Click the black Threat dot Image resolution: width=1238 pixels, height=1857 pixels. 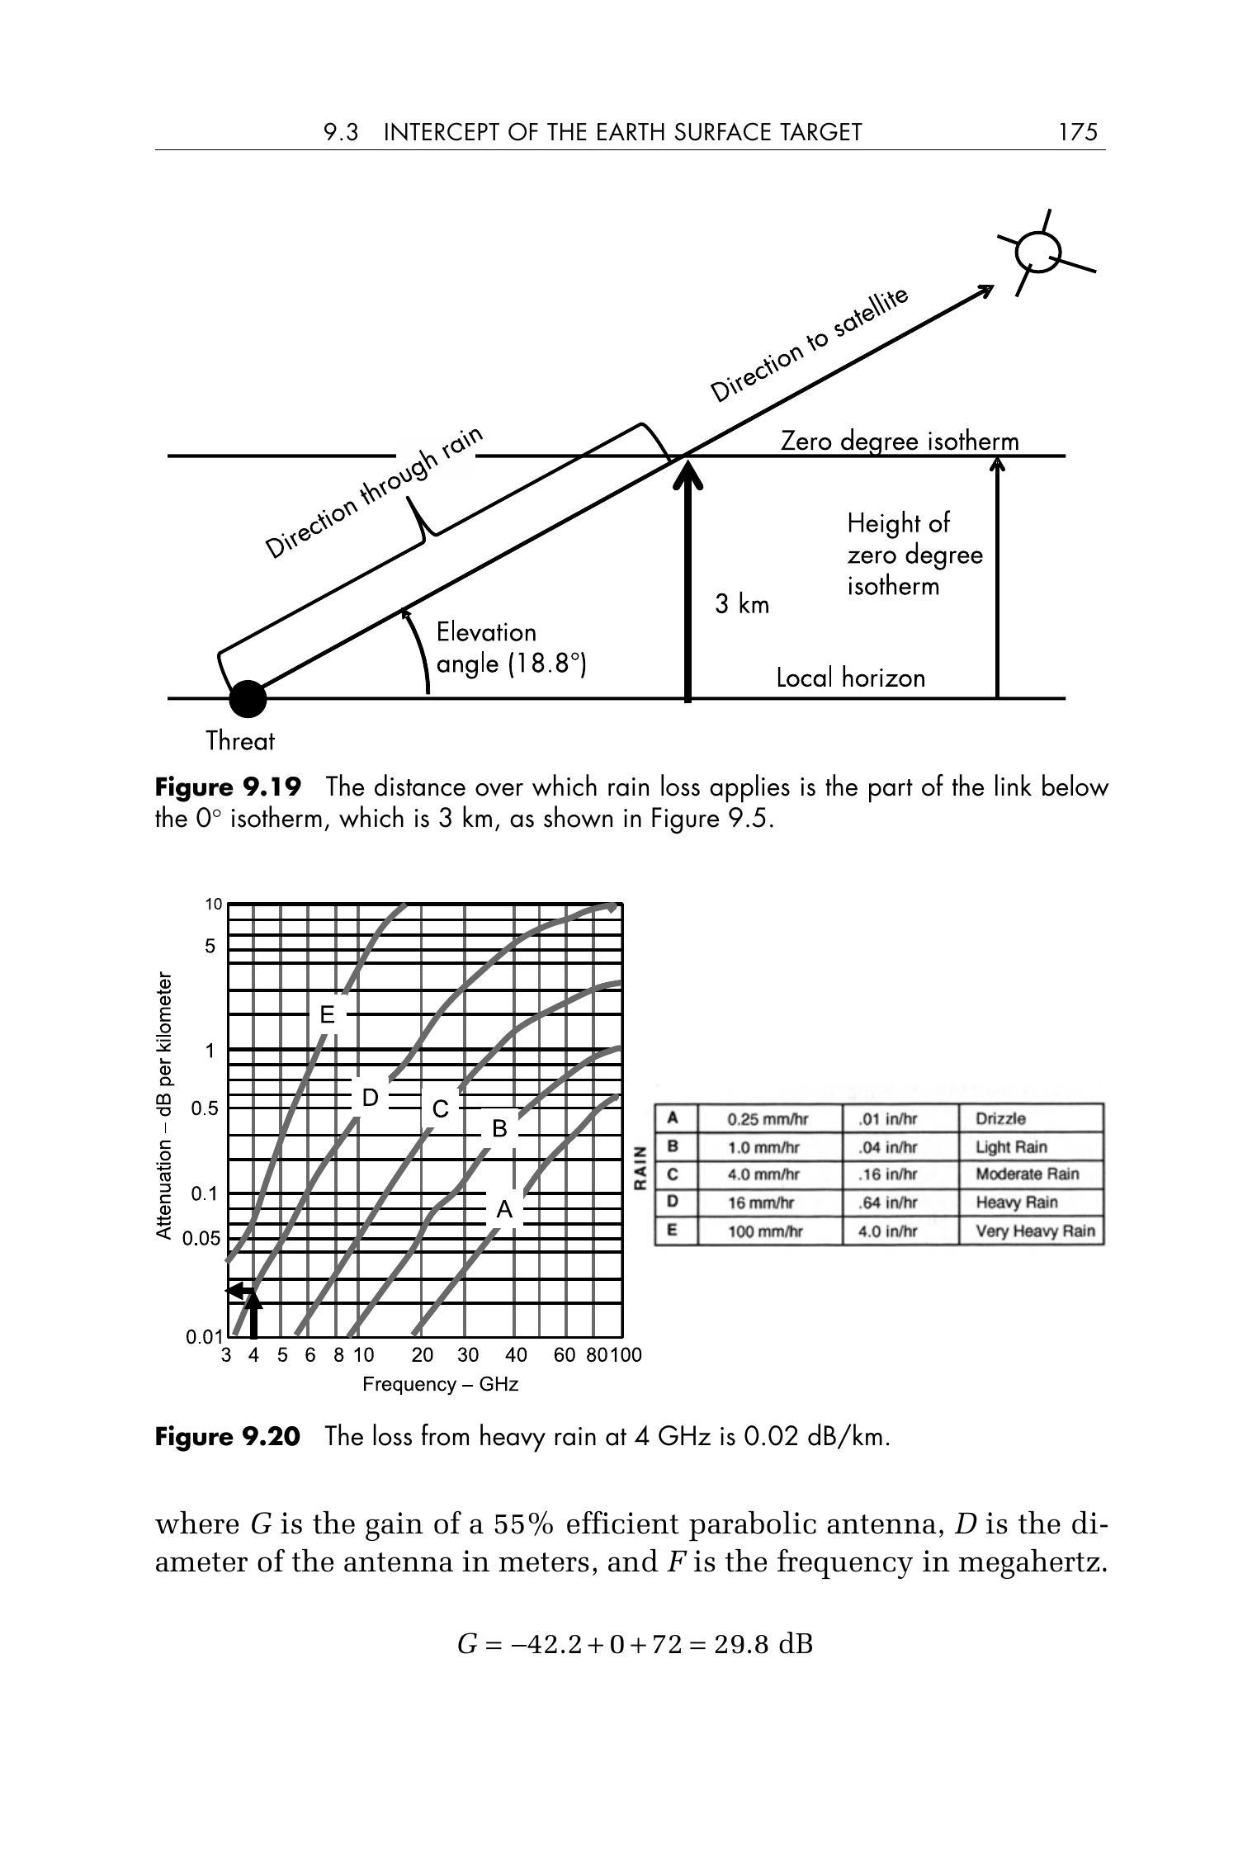(x=247, y=699)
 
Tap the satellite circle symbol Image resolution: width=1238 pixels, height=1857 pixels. (x=1037, y=252)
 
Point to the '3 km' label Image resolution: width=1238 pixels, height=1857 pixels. (x=742, y=605)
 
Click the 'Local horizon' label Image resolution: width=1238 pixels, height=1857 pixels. (x=851, y=678)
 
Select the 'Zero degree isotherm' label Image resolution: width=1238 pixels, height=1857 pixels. (x=900, y=442)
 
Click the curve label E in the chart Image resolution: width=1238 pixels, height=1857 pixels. (x=328, y=1015)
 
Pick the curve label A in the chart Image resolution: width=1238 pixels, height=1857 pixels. (x=504, y=1210)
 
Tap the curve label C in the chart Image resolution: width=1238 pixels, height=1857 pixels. (x=440, y=1108)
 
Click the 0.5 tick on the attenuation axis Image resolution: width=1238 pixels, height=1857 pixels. (x=205, y=1108)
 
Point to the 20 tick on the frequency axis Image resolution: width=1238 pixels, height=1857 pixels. (x=422, y=1355)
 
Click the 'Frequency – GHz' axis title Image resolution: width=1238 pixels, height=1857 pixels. (x=441, y=1384)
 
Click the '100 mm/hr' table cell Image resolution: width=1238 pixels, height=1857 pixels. (x=765, y=1231)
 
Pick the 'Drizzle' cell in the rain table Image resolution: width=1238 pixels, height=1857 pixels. (x=1001, y=1118)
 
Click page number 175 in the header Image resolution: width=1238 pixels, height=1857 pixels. (x=1078, y=132)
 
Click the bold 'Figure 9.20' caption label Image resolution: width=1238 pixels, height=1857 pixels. (x=228, y=1437)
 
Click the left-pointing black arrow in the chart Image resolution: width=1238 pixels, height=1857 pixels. (x=239, y=1290)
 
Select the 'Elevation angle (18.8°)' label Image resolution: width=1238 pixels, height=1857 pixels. (x=511, y=648)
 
